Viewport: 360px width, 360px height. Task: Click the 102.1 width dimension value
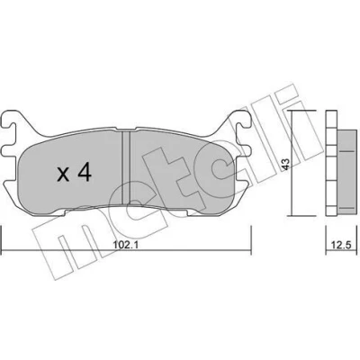pyautogui.click(x=125, y=245)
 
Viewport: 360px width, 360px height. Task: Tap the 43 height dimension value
pyautogui.click(x=286, y=165)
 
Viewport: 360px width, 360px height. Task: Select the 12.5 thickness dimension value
pyautogui.click(x=342, y=245)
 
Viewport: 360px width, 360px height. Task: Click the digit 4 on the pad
pyautogui.click(x=84, y=173)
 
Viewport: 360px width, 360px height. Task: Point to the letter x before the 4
pyautogui.click(x=63, y=175)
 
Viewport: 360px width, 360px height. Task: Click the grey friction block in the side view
pyautogui.click(x=347, y=172)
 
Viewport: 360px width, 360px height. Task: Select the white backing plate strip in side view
pyautogui.click(x=331, y=163)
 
